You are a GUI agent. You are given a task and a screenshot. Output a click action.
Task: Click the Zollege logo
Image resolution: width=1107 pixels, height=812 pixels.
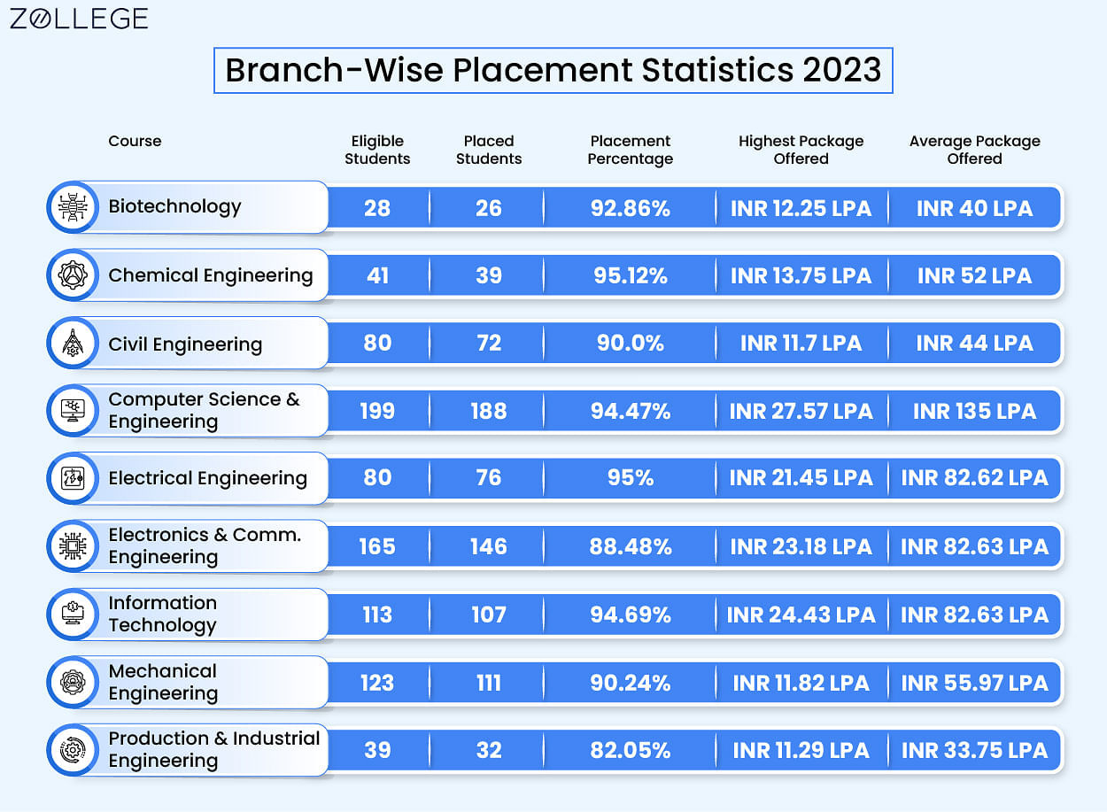pyautogui.click(x=79, y=19)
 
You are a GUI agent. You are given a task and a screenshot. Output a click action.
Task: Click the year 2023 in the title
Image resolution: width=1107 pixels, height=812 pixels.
pyautogui.click(x=841, y=70)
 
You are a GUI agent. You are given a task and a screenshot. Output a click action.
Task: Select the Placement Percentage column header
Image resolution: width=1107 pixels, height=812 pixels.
pyautogui.click(x=630, y=150)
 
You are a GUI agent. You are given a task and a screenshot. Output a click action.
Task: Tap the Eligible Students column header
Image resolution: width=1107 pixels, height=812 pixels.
pyautogui.click(x=377, y=150)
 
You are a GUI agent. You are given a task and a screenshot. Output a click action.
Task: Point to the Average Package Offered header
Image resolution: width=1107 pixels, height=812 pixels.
pyautogui.click(x=974, y=150)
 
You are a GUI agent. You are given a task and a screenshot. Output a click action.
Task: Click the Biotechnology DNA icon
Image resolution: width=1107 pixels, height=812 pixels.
pyautogui.click(x=73, y=207)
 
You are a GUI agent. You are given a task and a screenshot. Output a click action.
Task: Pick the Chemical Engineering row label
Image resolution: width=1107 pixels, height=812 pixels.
pyautogui.click(x=211, y=275)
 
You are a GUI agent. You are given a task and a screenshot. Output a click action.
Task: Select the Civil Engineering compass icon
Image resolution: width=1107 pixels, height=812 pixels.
pyautogui.click(x=73, y=343)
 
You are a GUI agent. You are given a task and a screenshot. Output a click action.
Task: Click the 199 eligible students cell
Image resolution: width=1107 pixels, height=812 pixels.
pyautogui.click(x=377, y=411)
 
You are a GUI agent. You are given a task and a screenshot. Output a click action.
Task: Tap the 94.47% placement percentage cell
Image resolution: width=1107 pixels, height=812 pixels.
pyautogui.click(x=630, y=411)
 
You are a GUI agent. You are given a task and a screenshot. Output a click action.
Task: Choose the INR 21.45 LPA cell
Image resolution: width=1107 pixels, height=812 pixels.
pyautogui.click(x=801, y=478)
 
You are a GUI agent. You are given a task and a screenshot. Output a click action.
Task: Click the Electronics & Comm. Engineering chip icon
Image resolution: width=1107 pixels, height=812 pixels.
pyautogui.click(x=73, y=546)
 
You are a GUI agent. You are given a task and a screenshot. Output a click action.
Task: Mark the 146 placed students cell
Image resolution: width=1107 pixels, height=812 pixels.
pyautogui.click(x=488, y=546)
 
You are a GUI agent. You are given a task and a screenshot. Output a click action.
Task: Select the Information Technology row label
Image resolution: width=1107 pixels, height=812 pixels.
pyautogui.click(x=163, y=614)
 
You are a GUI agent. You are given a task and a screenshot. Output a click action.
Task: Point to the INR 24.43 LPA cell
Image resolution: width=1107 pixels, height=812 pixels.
pyautogui.click(x=801, y=615)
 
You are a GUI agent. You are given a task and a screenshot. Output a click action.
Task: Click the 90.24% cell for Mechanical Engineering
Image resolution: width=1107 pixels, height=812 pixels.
pyautogui.click(x=630, y=683)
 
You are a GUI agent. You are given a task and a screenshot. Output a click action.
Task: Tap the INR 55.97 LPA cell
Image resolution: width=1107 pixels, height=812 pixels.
pyautogui.click(x=974, y=683)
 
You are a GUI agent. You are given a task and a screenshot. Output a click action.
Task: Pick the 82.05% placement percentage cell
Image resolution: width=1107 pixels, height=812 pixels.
pyautogui.click(x=630, y=750)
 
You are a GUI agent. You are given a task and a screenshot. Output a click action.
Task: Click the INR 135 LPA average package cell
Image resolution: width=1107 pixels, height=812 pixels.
pyautogui.click(x=974, y=411)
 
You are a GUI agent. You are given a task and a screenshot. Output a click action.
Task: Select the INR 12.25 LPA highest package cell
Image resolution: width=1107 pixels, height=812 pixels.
pyautogui.click(x=801, y=208)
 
